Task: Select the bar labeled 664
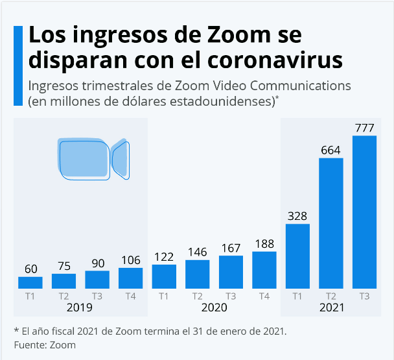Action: coord(331,223)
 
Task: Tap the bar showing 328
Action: coord(297,256)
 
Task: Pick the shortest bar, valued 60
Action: coord(30,283)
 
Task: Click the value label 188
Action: coord(264,243)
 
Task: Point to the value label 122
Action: coord(164,256)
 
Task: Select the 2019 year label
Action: coord(80,307)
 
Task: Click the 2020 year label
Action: coord(214,307)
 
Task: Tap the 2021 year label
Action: coord(331,307)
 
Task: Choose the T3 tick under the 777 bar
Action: coord(364,296)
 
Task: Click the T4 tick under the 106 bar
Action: coord(130,296)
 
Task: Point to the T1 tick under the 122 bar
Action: coord(164,296)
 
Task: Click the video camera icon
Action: coord(93,158)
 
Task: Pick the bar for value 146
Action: coord(197,274)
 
